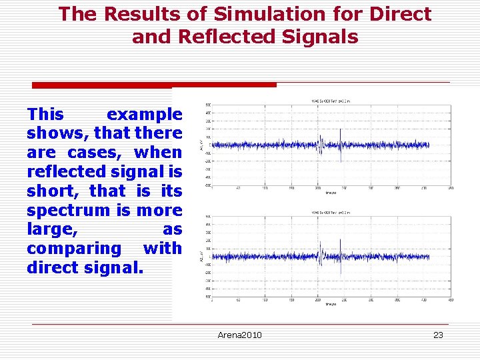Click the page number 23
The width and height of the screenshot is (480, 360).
[x=438, y=335]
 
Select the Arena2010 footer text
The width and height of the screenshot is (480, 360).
[x=239, y=335]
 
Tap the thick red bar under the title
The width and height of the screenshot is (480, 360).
[x=154, y=85]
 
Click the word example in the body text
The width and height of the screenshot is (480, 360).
[x=144, y=114]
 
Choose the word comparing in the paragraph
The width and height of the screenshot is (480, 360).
[x=75, y=248]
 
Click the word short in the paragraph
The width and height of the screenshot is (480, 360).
[x=53, y=191]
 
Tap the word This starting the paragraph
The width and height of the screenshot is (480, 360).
[x=45, y=114]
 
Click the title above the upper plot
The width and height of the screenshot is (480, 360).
[x=331, y=101]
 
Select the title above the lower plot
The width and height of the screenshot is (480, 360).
[x=331, y=213]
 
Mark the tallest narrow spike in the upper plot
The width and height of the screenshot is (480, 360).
[x=341, y=130]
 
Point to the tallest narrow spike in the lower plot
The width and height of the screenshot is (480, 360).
[x=341, y=241]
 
